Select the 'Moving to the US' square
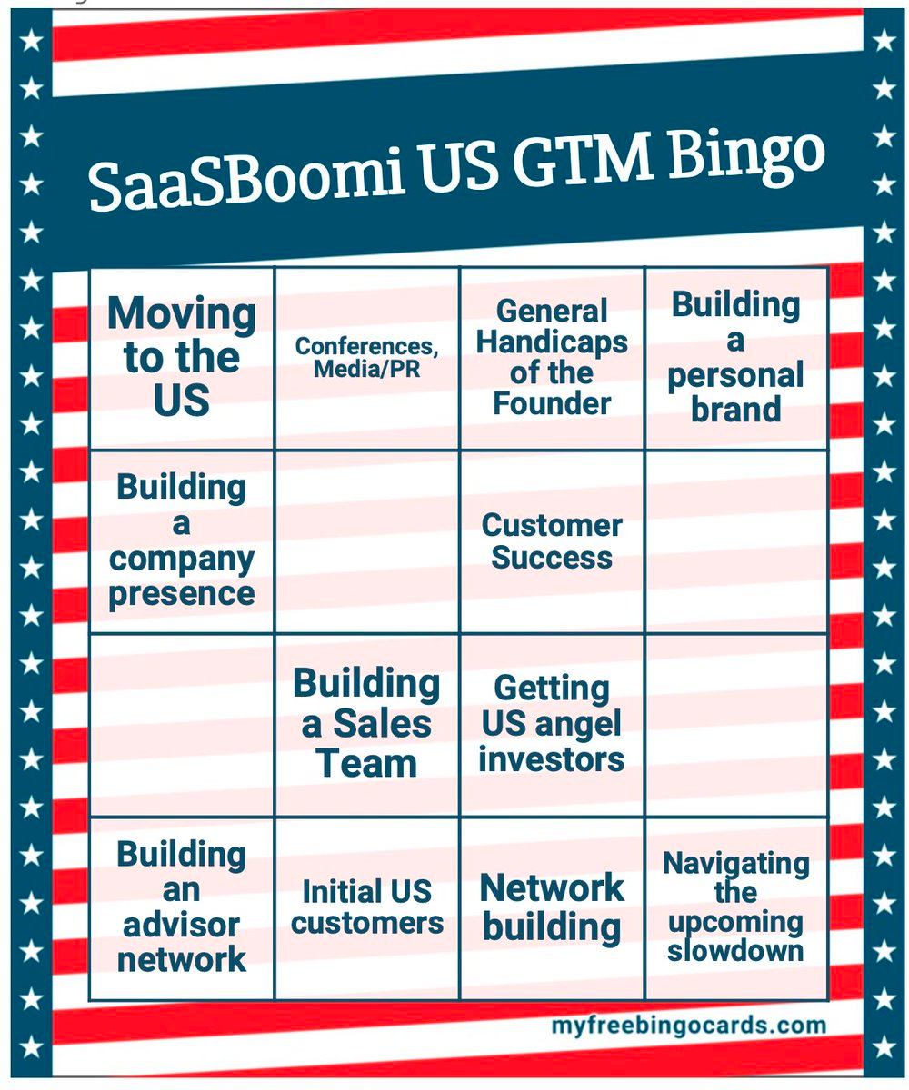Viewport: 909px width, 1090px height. click(182, 357)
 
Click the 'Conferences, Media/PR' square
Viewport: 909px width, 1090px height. click(367, 357)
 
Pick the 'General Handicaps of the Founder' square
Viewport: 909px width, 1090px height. click(552, 357)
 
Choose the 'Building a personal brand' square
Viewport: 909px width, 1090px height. click(736, 357)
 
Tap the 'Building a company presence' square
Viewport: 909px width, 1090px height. click(182, 541)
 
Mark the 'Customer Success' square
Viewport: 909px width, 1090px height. click(552, 541)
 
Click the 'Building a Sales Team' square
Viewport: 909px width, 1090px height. click(367, 725)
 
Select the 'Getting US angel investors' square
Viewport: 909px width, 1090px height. click(552, 725)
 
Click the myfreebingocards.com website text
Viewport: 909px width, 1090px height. click(688, 1026)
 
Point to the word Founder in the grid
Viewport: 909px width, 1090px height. click(552, 402)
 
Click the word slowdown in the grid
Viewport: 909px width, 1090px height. click(735, 950)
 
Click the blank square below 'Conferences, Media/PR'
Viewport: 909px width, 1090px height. click(367, 541)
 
